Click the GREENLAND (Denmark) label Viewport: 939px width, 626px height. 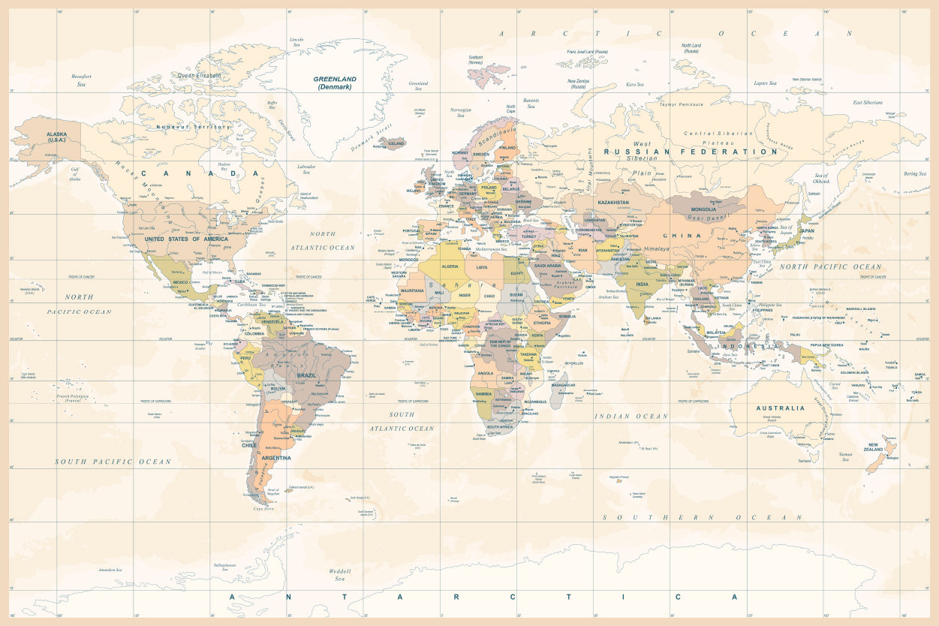pos(335,83)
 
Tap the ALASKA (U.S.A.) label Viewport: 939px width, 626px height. pos(46,137)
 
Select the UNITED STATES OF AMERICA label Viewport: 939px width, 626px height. pos(186,239)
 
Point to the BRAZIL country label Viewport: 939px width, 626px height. pos(306,374)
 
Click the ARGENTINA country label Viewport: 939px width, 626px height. pos(277,457)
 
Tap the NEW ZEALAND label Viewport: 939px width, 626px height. pos(874,447)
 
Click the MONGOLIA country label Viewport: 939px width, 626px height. pos(703,209)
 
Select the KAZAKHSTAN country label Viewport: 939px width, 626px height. pos(613,202)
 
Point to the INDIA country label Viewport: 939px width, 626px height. pos(642,284)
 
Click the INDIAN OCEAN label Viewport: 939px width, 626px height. pos(631,416)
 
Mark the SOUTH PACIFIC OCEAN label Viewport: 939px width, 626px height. pos(113,462)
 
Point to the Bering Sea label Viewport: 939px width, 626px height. pos(915,173)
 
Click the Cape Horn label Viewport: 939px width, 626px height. pos(263,508)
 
